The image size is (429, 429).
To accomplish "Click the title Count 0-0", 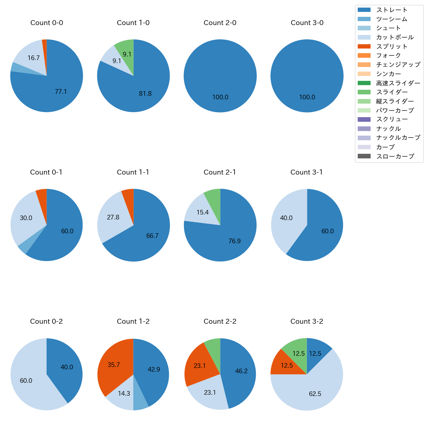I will click(x=47, y=23).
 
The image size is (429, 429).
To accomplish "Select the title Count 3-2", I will click(x=307, y=321).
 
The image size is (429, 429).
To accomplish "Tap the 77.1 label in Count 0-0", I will click(x=61, y=92).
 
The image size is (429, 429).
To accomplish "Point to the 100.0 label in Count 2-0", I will click(x=220, y=97).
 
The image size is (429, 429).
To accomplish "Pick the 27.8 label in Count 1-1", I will click(x=113, y=217).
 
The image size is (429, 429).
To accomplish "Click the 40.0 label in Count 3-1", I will click(x=286, y=218).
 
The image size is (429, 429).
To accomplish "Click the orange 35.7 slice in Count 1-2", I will click(x=114, y=365).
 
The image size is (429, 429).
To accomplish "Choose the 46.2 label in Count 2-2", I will click(x=241, y=371).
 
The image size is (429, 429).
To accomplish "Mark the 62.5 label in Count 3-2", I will click(x=315, y=394).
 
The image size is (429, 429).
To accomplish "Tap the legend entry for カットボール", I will click(x=395, y=37).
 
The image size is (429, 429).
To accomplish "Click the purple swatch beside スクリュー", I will click(x=364, y=119).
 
